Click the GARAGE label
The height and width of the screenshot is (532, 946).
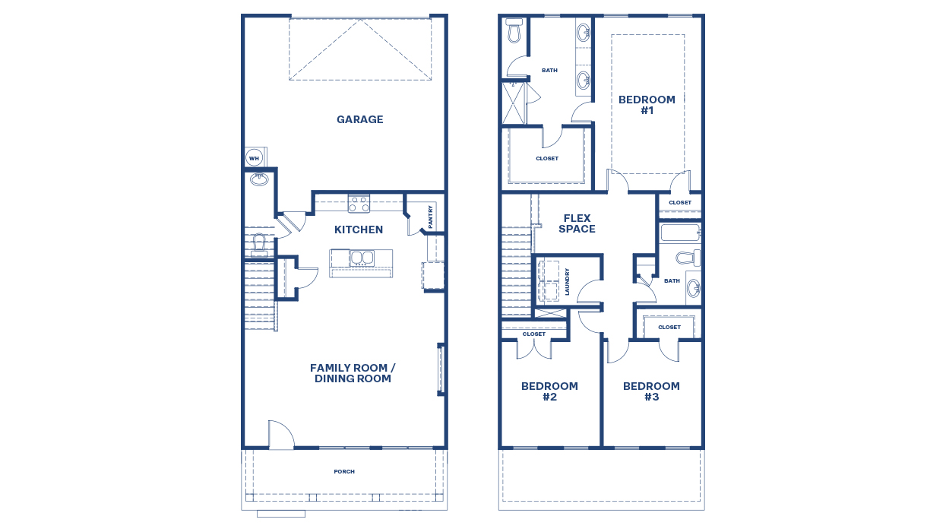pos(359,119)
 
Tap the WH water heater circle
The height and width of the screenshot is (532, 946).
pos(254,158)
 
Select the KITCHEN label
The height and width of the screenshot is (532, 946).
pos(359,230)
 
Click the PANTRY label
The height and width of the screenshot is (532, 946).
pos(431,216)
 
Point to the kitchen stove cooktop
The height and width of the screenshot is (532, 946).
pos(359,204)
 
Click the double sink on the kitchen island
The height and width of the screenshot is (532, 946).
pos(361,258)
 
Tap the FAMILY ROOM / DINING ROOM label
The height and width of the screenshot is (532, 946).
pos(353,373)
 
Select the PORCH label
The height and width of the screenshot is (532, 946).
pos(344,472)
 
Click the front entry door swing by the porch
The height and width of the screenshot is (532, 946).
pos(280,435)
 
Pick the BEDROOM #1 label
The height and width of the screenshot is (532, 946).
pos(647,105)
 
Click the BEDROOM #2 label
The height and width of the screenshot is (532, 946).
pos(549,391)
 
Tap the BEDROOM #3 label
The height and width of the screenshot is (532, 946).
pos(651,391)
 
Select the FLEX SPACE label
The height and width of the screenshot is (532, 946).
pos(577,223)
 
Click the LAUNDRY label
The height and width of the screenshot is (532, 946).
pos(567,281)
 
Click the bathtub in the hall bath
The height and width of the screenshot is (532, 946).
pos(679,232)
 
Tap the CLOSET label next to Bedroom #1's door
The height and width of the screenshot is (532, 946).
pos(680,203)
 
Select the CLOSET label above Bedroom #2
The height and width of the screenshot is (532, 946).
pos(534,334)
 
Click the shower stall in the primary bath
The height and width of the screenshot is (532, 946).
pos(513,103)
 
